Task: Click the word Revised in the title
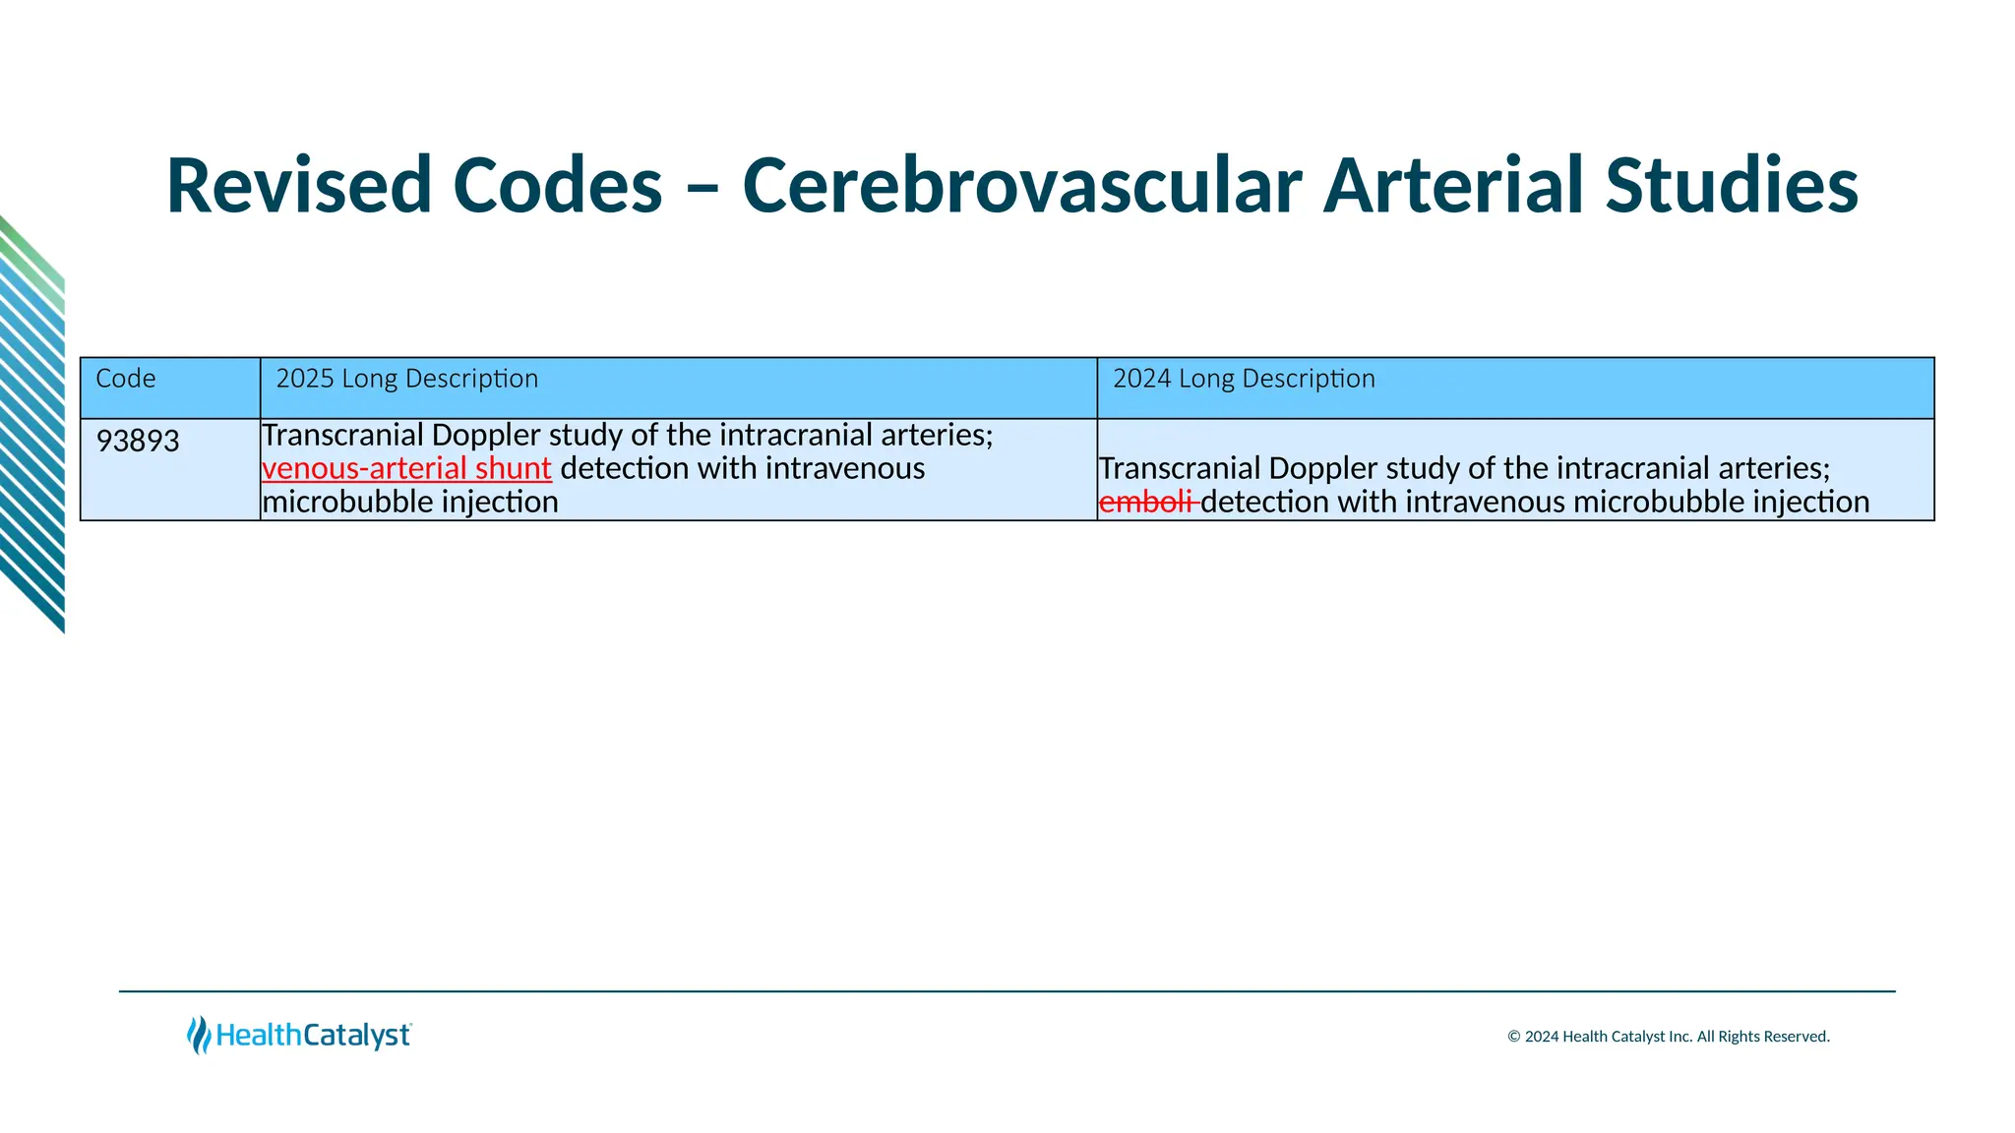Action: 299,186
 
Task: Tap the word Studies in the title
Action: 1732,186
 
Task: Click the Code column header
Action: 126,379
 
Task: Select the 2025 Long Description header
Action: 406,379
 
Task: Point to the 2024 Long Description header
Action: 1244,379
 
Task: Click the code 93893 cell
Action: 138,441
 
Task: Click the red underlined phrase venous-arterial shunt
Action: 406,468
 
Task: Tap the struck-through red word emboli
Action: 1146,502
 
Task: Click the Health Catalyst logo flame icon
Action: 199,1035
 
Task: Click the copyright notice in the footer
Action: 1668,1037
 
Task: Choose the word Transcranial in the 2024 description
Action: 1179,468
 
